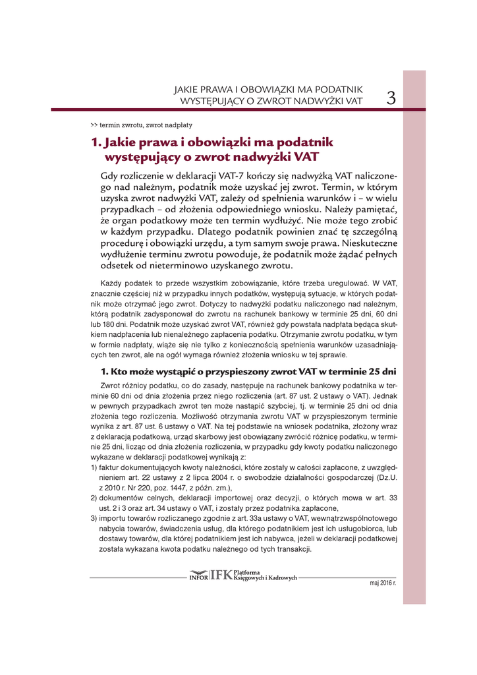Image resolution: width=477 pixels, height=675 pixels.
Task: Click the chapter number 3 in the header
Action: (391, 98)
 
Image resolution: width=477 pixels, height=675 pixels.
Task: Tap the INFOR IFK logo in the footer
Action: (211, 575)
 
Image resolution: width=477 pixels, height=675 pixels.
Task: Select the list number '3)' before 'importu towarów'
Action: (94, 518)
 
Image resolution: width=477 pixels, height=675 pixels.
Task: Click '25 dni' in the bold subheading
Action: (380, 370)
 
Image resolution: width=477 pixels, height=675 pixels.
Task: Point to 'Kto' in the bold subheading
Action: (121, 370)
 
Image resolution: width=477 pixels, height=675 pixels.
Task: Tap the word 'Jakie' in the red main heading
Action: (127, 142)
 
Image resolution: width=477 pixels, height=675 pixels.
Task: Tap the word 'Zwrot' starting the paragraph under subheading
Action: (110, 384)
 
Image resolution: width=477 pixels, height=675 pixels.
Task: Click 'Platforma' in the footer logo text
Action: (246, 572)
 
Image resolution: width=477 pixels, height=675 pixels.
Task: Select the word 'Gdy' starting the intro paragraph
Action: (109, 176)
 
